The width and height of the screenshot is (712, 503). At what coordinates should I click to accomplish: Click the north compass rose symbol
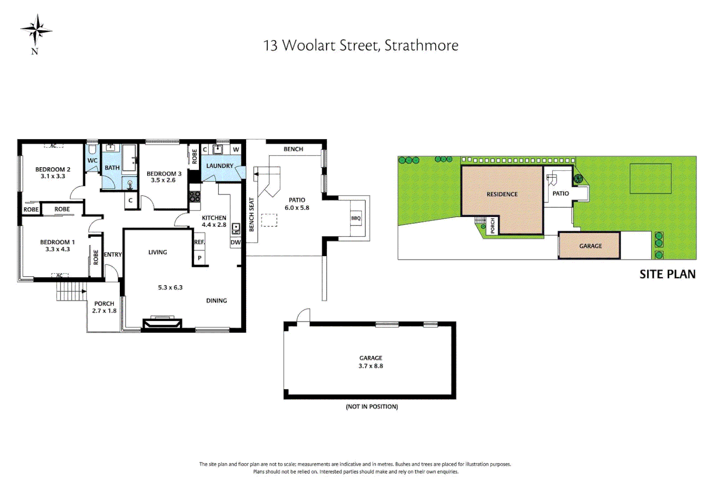(x=36, y=30)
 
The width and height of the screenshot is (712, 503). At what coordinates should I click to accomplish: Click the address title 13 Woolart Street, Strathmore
(x=361, y=46)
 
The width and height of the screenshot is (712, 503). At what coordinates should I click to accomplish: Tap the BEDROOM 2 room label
(x=53, y=170)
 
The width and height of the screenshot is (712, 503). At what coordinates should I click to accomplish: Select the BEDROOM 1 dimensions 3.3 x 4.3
(x=57, y=249)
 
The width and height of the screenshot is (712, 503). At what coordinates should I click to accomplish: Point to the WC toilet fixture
(x=92, y=150)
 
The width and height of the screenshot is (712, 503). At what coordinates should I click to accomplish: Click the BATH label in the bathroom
(x=112, y=168)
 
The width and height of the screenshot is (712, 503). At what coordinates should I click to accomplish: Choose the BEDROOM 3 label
(x=164, y=174)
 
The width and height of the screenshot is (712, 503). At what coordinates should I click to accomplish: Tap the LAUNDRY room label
(x=219, y=166)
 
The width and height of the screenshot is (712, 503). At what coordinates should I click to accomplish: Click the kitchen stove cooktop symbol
(x=195, y=197)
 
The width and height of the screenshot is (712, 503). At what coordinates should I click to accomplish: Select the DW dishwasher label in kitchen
(x=235, y=242)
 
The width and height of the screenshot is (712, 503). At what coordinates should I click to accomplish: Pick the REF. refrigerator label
(x=199, y=242)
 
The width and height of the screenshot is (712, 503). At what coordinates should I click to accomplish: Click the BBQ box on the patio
(x=356, y=218)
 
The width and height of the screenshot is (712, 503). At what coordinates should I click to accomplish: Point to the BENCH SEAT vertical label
(x=252, y=215)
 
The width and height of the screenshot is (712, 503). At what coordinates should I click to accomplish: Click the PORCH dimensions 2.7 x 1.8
(x=104, y=311)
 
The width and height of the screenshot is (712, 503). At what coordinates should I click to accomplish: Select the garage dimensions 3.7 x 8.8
(x=370, y=366)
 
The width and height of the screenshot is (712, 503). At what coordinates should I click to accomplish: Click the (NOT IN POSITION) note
(x=371, y=407)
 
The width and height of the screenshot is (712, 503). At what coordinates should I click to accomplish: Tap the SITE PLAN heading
(x=667, y=274)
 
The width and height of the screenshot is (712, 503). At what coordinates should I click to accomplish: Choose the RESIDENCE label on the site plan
(x=502, y=194)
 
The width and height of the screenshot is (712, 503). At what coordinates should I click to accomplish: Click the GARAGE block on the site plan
(x=590, y=245)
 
